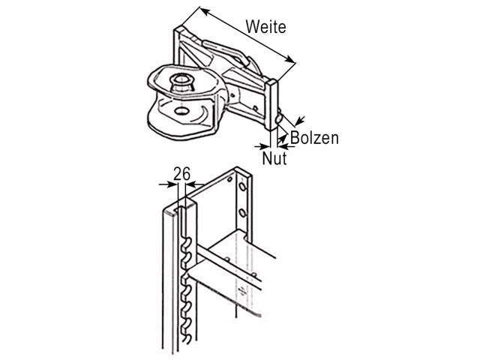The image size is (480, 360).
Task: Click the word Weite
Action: click(x=265, y=27)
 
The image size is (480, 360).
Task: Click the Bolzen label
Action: click(x=314, y=138)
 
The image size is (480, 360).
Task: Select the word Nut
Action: click(x=274, y=158)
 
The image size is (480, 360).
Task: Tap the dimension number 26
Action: click(x=181, y=174)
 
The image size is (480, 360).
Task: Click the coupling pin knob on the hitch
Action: click(x=182, y=82)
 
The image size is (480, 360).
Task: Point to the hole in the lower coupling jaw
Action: click(x=181, y=110)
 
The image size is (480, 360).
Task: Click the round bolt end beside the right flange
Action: click(x=280, y=118)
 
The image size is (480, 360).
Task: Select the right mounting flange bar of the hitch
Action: click(x=271, y=105)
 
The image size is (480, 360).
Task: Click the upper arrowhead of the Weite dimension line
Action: click(x=205, y=12)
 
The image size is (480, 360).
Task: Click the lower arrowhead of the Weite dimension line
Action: click(x=290, y=60)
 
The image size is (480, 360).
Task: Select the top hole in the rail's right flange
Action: click(x=242, y=186)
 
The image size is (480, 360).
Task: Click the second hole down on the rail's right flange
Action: click(x=242, y=212)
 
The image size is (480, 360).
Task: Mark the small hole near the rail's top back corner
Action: click(x=229, y=179)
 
